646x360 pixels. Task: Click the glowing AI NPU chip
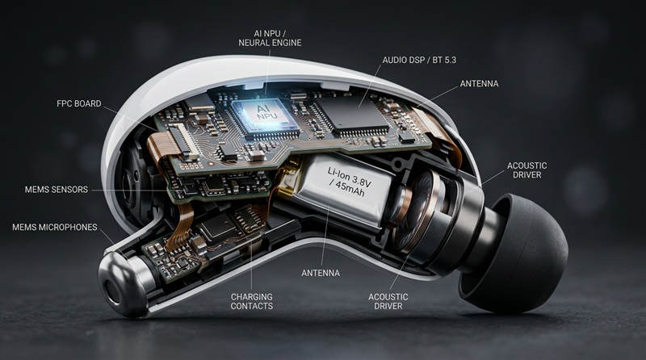point(265,116)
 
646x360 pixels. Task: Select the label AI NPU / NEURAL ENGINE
point(270,38)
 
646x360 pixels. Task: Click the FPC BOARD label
point(79,104)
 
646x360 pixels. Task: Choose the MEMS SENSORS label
point(57,190)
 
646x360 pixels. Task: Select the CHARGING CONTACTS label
point(252,302)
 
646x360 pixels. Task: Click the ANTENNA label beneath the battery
point(321,273)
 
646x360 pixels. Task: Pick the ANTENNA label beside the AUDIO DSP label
point(479,84)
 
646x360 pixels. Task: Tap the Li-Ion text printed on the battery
point(338,174)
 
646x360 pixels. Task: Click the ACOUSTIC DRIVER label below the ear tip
point(388,302)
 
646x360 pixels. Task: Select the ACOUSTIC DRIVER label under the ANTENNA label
point(527,170)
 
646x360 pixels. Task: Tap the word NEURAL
point(254,43)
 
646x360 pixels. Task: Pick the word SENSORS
point(71,190)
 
